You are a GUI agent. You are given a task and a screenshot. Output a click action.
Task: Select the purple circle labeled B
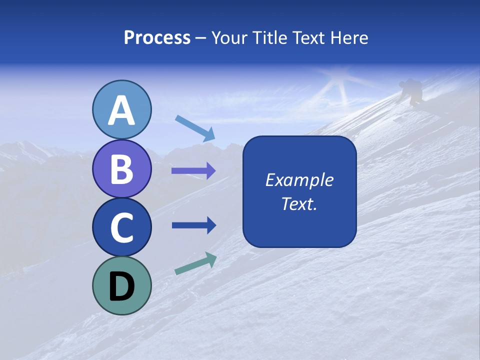pyautogui.click(x=121, y=168)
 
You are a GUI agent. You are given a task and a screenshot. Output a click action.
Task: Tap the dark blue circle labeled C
pyautogui.click(x=121, y=227)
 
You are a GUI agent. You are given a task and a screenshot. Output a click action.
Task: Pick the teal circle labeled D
pyautogui.click(x=121, y=285)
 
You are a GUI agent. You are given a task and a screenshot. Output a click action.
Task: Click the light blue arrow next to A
pyautogui.click(x=195, y=128)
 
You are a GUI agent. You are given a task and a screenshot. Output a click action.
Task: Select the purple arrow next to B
pyautogui.click(x=193, y=171)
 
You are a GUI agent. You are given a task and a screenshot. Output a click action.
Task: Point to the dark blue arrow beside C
pyautogui.click(x=193, y=225)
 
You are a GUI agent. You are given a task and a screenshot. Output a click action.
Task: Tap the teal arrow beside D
pyautogui.click(x=195, y=263)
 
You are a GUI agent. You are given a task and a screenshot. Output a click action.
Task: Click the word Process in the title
pyautogui.click(x=157, y=38)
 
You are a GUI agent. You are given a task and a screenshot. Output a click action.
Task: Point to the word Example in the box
pyautogui.click(x=299, y=180)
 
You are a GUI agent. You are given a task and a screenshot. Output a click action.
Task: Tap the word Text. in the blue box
pyautogui.click(x=299, y=203)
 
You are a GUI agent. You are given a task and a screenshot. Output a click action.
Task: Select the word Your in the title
pyautogui.click(x=229, y=38)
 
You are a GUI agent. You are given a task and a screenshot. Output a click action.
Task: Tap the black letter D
pyautogui.click(x=121, y=287)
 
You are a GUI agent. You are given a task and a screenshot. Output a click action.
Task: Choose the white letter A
pyautogui.click(x=121, y=110)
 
